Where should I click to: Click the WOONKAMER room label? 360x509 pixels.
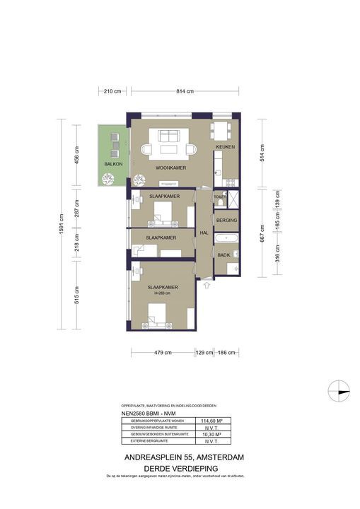[x=166, y=168]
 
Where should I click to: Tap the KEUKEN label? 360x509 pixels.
[x=225, y=147]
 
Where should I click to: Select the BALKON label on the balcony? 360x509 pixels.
[x=113, y=163]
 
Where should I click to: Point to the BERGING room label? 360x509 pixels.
[x=226, y=221]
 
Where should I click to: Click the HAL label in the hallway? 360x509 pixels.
[x=204, y=232]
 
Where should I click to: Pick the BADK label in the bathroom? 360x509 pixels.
[x=223, y=255]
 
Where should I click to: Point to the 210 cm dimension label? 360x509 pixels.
[x=112, y=91]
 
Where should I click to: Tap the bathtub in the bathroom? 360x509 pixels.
[x=226, y=238]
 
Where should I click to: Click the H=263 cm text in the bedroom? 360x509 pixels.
[x=162, y=293]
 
